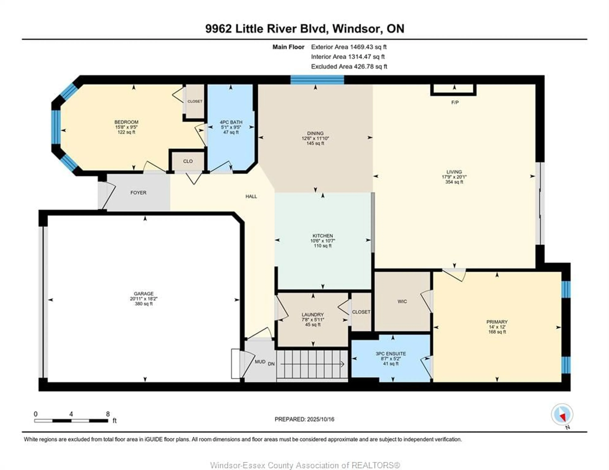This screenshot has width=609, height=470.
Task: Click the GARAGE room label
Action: [144, 294]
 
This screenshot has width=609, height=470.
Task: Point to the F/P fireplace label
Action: [455, 102]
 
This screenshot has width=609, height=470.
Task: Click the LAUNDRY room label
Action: [313, 315]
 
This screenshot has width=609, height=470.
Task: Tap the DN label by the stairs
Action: [271, 364]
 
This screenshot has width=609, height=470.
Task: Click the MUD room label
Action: [260, 362]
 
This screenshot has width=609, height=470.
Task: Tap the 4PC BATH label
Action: [231, 122]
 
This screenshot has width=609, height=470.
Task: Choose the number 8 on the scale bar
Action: [108, 414]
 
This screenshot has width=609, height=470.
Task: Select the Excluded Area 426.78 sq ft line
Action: [349, 67]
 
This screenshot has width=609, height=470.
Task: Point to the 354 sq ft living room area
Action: [454, 182]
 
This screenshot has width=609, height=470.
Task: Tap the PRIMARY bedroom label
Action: [497, 322]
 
